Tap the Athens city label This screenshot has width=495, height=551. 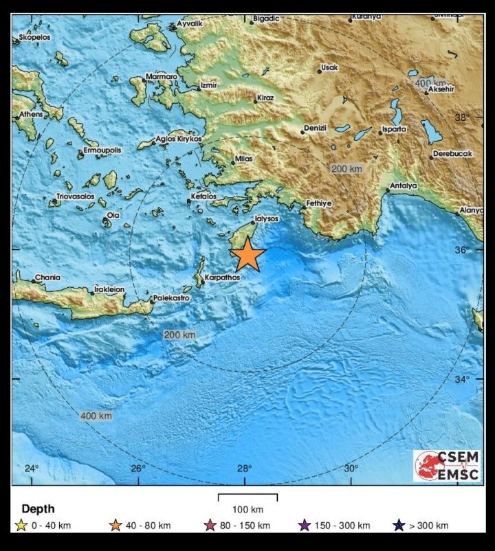click(31, 114)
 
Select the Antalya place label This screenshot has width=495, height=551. click(403, 185)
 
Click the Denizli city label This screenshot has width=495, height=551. click(317, 128)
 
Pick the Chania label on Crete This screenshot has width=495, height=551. click(47, 278)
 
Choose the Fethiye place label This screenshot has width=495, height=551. click(319, 203)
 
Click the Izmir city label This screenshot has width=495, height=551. click(208, 85)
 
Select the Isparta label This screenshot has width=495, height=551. click(393, 128)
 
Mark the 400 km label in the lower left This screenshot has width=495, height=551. click(96, 416)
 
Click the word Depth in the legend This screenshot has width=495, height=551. click(38, 509)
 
